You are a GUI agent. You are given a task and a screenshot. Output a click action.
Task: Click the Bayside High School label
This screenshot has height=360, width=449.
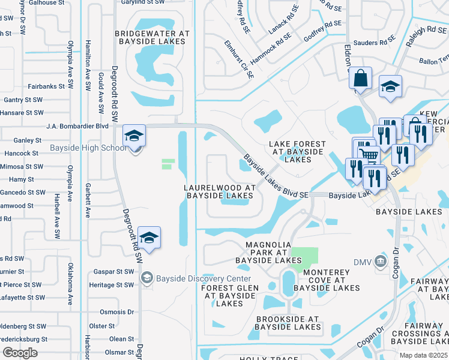pyautogui.click(x=97, y=148)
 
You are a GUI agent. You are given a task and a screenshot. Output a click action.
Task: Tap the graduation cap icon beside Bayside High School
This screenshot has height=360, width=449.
pyautogui.click(x=134, y=136)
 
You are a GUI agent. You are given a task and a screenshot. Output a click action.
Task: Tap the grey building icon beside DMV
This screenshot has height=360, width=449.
pyautogui.click(x=380, y=261)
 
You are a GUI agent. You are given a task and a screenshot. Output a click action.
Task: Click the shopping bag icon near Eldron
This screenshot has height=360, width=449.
pyautogui.click(x=360, y=79)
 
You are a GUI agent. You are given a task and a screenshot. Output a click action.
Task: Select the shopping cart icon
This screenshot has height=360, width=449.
pyautogui.click(x=372, y=155)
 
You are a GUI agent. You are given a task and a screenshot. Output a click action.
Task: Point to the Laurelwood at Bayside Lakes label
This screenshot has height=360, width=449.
pyautogui.click(x=220, y=191)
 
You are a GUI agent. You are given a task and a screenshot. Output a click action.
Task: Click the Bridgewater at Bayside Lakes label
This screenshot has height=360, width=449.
pyautogui.click(x=155, y=38)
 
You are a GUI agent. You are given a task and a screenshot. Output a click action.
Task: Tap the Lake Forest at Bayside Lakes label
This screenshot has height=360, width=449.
pyautogui.click(x=297, y=152)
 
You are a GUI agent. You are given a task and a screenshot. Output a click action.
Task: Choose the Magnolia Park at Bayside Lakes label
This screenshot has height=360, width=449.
pyautogui.click(x=268, y=253)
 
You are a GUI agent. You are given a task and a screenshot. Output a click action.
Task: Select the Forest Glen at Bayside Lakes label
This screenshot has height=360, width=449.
pyautogui.click(x=230, y=296)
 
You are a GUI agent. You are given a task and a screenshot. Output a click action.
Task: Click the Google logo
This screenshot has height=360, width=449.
pyautogui.click(x=20, y=353)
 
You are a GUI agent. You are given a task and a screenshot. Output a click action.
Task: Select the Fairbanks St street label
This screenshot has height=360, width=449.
pyautogui.click(x=46, y=86)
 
